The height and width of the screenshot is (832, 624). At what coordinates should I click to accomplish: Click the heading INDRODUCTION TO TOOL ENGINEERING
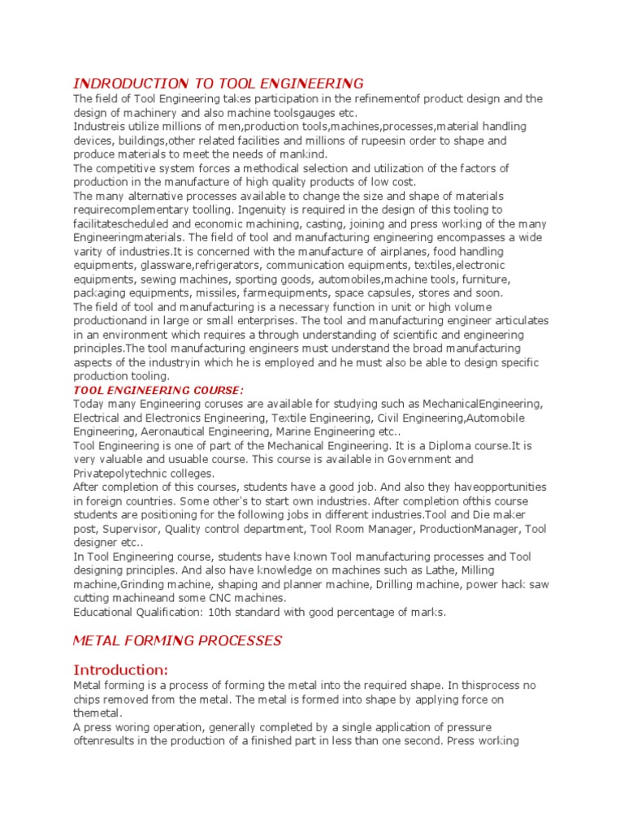click(x=219, y=83)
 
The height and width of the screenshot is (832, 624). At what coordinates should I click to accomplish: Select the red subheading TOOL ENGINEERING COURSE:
click(x=158, y=390)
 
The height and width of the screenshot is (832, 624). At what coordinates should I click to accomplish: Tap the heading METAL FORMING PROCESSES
click(x=177, y=641)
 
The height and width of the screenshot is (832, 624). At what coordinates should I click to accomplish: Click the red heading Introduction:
click(x=121, y=669)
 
